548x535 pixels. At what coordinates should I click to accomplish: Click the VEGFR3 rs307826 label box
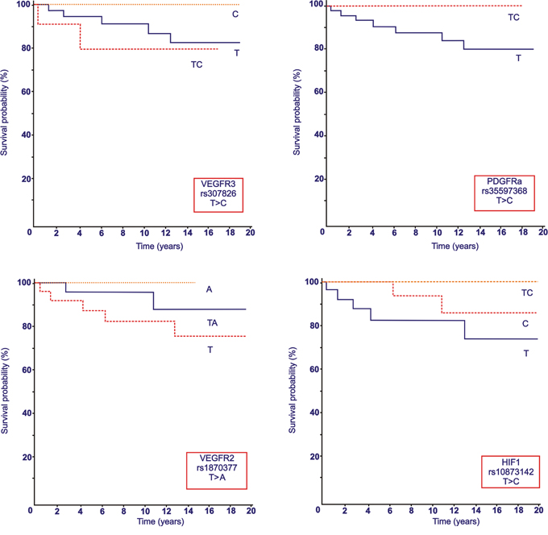[218, 195]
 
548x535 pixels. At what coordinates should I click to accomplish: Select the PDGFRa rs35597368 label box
[504, 193]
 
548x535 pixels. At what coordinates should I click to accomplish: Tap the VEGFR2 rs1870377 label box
[217, 471]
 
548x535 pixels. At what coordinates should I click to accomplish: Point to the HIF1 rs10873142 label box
[511, 471]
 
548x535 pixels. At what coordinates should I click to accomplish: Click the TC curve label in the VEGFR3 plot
[197, 64]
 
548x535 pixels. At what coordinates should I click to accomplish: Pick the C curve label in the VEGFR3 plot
[235, 15]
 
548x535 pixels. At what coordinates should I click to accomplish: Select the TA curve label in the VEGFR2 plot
[212, 323]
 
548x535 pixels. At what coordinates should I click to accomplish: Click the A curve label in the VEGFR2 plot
[209, 289]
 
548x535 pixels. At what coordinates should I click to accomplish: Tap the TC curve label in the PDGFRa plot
[513, 18]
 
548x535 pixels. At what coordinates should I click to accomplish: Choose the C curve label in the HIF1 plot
[525, 324]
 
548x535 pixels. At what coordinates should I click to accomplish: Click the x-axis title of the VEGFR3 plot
[160, 247]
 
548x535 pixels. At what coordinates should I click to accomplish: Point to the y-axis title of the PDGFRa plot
[297, 112]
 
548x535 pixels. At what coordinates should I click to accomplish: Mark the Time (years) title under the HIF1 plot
[456, 522]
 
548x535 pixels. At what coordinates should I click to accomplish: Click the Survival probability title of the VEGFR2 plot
[5, 391]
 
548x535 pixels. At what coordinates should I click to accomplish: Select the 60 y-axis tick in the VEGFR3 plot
[25, 92]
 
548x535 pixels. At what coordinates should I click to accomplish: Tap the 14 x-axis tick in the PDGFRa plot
[480, 232]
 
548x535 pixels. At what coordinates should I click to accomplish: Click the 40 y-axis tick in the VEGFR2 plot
[27, 413]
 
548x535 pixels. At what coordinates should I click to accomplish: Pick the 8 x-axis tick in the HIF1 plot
[411, 511]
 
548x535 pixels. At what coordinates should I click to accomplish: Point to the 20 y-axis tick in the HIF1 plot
[315, 457]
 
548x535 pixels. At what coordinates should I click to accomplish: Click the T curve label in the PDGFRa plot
[518, 58]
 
